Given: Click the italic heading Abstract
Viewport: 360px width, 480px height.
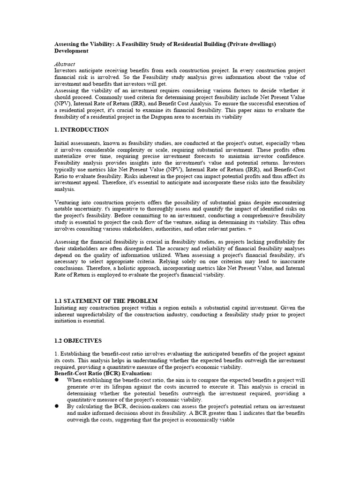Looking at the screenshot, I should pyautogui.click(x=65, y=64).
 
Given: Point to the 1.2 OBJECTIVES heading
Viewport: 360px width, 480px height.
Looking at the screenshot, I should pyautogui.click(x=78, y=341).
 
